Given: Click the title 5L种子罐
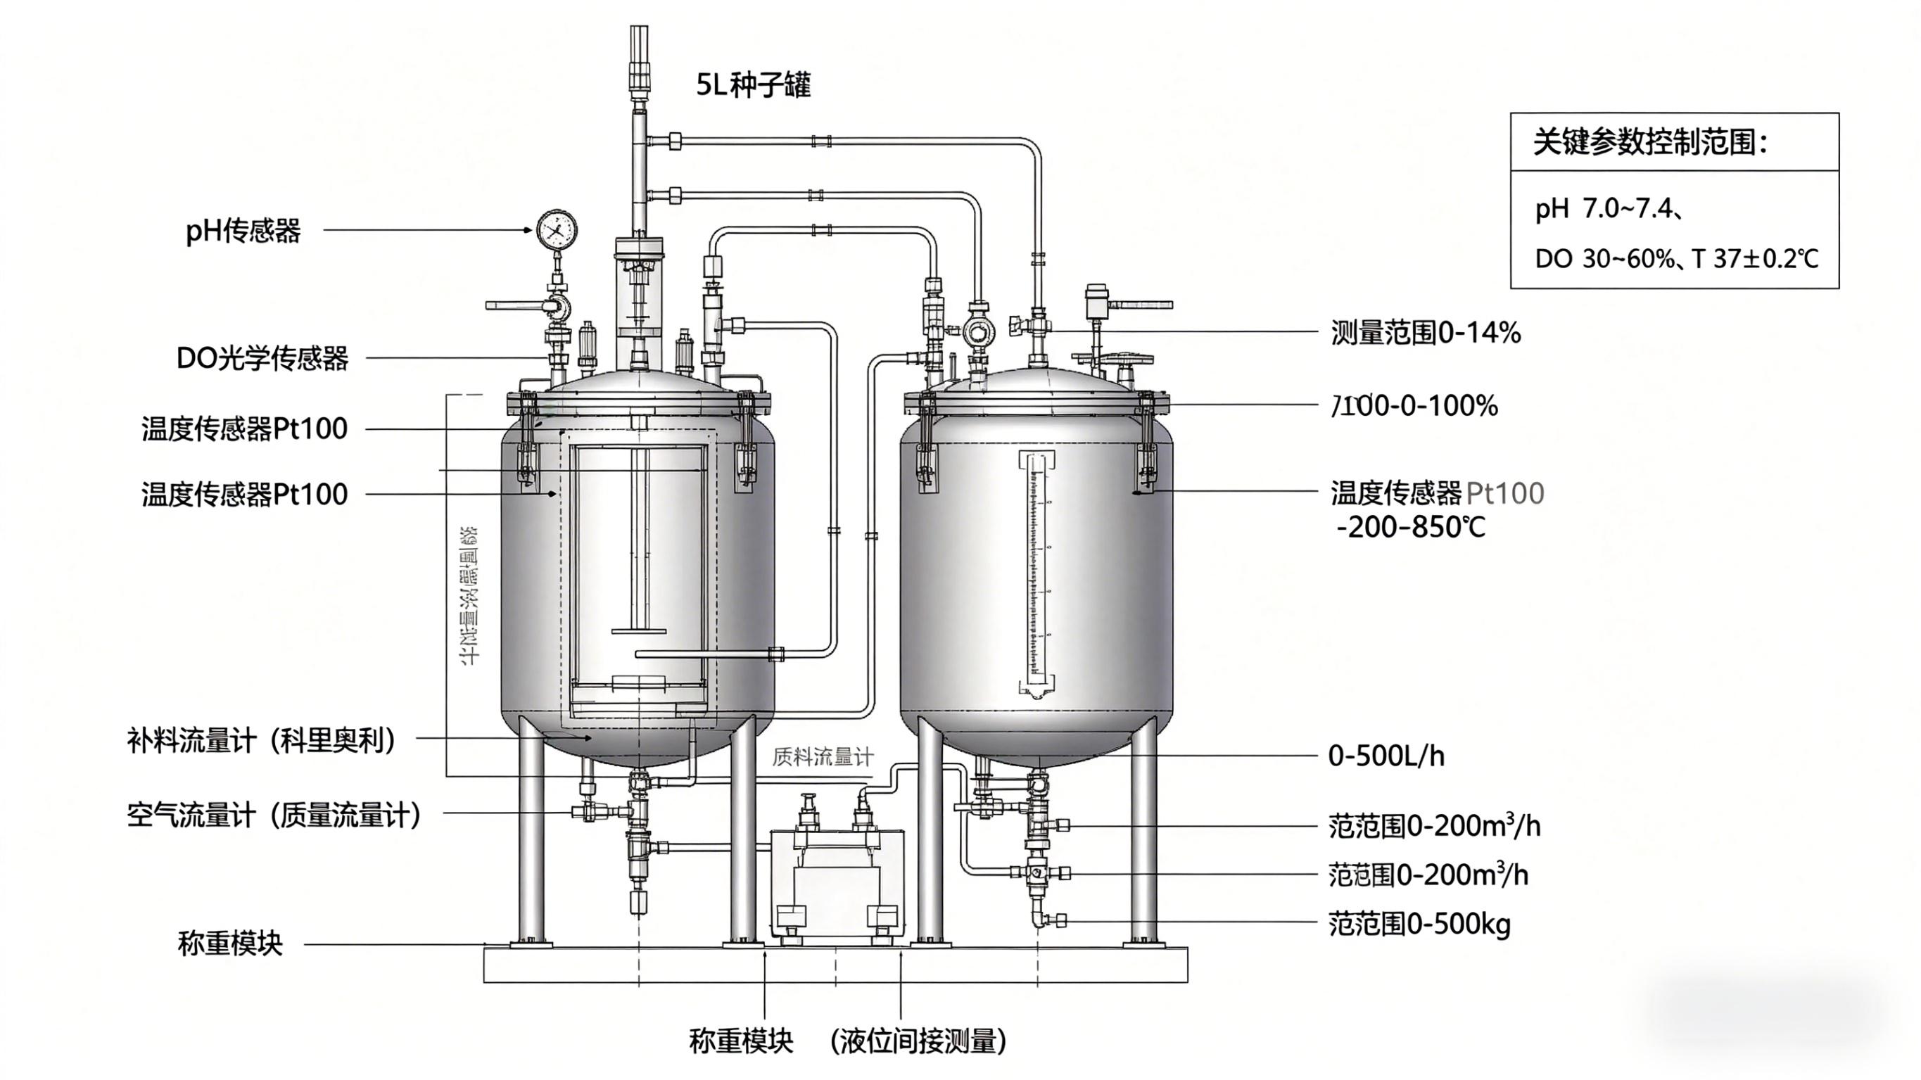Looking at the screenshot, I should click(x=753, y=85).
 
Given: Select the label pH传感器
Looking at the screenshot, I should click(x=243, y=231).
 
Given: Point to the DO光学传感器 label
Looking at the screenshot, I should click(x=262, y=359).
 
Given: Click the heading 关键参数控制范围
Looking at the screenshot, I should click(x=1649, y=141).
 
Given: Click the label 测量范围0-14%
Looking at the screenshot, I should click(x=1425, y=333).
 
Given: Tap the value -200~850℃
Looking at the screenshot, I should click(x=1410, y=527).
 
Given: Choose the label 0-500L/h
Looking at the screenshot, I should click(x=1386, y=756).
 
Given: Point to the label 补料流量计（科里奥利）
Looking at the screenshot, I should click(x=261, y=741).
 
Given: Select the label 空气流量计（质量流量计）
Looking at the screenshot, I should click(x=274, y=815).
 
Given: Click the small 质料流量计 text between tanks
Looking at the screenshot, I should click(x=822, y=758).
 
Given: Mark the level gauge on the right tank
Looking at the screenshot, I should click(x=1036, y=574).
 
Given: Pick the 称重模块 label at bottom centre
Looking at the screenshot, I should click(x=740, y=1041).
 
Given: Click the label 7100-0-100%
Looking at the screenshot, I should click(x=1414, y=406).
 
